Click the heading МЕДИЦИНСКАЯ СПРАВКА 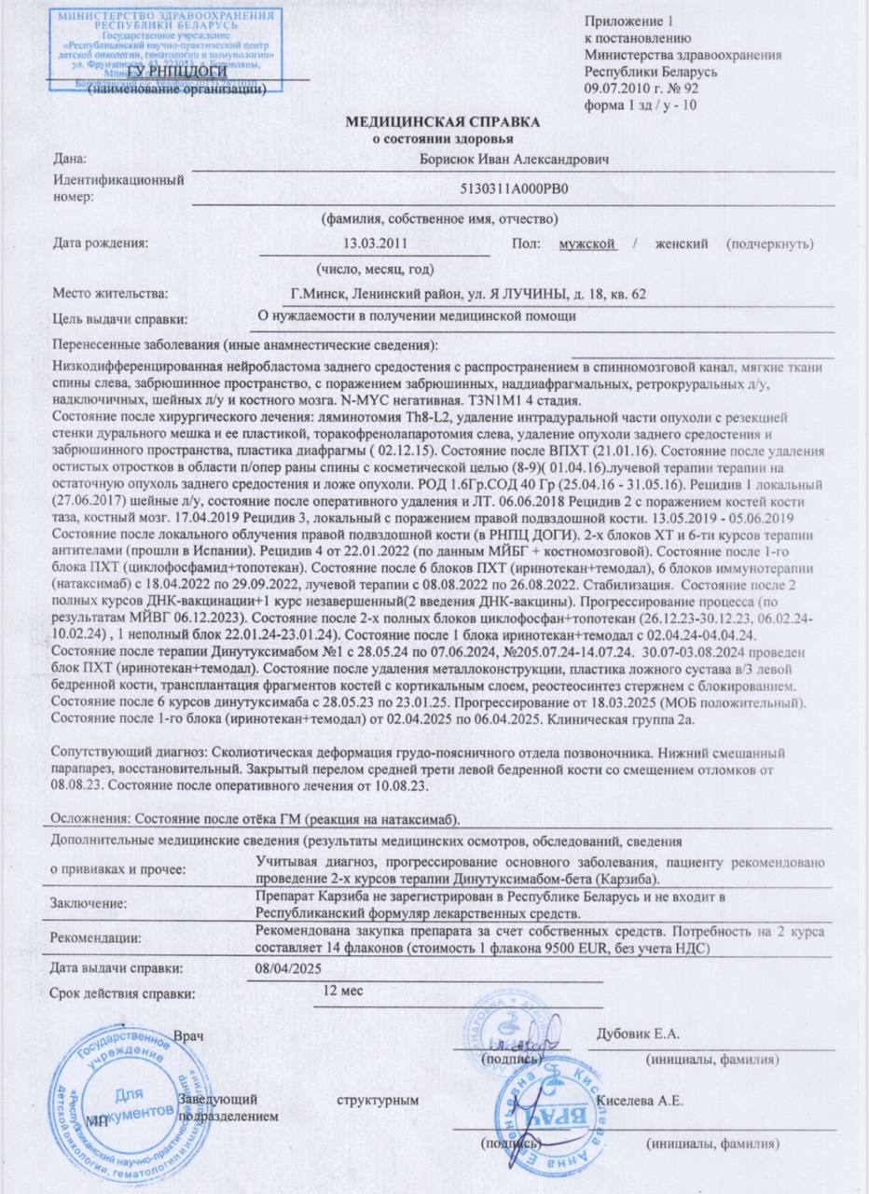pyautogui.click(x=443, y=123)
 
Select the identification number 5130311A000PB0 pyautogui.click(x=514, y=187)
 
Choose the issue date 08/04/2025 pyautogui.click(x=286, y=969)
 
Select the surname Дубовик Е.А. pyautogui.click(x=639, y=1033)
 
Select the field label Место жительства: pyautogui.click(x=111, y=294)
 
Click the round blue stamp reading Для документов pyautogui.click(x=119, y=1101)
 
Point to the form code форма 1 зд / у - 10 pyautogui.click(x=640, y=104)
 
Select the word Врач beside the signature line pyautogui.click(x=189, y=1037)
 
